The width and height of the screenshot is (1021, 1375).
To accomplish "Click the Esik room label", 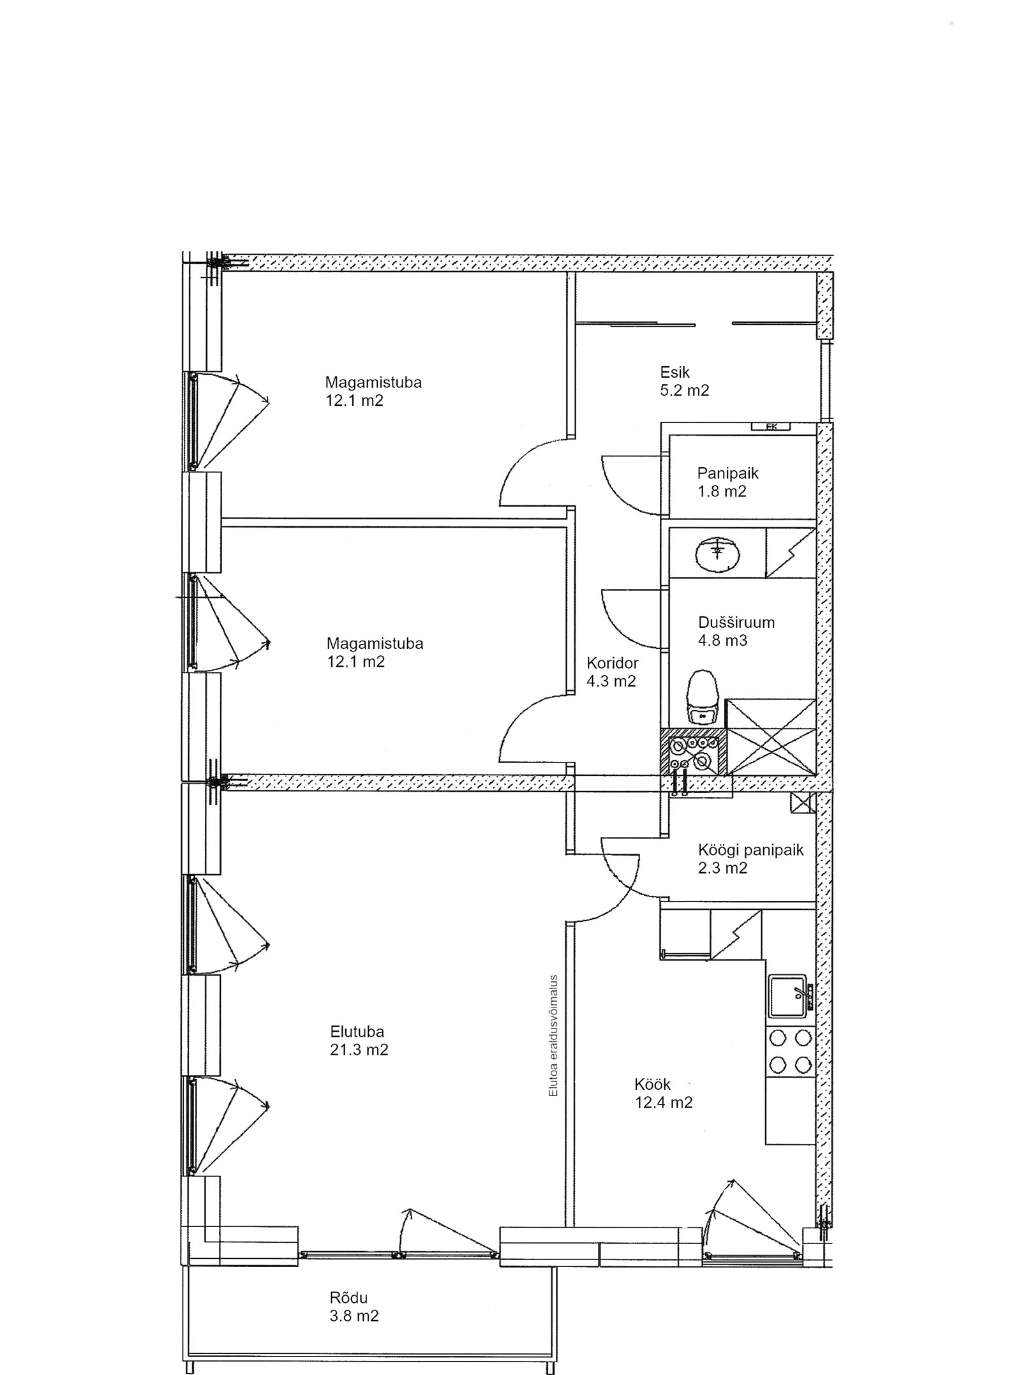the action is [674, 372].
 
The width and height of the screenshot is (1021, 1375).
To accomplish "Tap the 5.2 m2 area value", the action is [684, 390].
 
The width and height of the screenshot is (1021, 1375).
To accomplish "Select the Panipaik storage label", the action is [727, 473].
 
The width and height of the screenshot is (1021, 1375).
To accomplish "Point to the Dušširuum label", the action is [736, 622].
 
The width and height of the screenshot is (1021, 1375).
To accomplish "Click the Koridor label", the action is [613, 663].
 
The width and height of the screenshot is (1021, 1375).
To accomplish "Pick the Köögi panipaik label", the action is [750, 851].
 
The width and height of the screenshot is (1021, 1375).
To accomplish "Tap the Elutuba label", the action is [357, 1032].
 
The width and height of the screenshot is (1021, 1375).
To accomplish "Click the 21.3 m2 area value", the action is [359, 1050].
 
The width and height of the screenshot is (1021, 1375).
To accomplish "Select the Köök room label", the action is [653, 1084].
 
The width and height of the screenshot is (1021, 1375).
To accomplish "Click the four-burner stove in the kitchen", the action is [791, 1051].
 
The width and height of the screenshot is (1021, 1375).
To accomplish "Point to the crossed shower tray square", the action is [771, 737].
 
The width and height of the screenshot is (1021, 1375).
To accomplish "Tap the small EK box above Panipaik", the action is [770, 427].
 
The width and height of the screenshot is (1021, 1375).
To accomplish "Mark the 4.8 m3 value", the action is [722, 640].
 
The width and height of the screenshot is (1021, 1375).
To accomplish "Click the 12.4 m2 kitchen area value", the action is [664, 1102].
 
